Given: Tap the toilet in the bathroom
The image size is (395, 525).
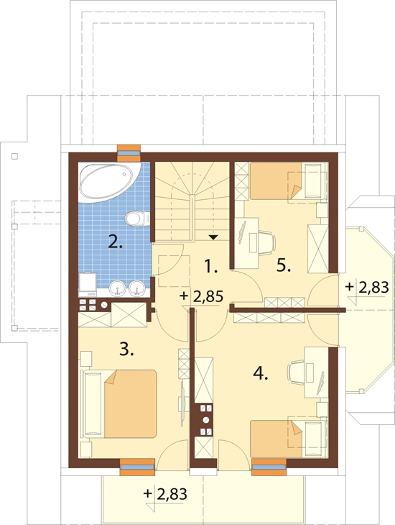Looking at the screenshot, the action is pos(137,219).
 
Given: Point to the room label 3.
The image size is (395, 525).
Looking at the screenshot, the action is pos(127,350).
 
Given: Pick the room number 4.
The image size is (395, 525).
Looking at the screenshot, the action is pos(261,373).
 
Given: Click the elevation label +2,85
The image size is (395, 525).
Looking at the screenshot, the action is pos(201,296).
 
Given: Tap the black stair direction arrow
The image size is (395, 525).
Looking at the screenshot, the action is pos(213,237).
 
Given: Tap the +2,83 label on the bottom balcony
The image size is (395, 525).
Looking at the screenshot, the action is pos(165,493).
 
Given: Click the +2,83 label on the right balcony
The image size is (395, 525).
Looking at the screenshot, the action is pos(367,287).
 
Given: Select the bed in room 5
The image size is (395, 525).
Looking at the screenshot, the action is pos(288,181).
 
